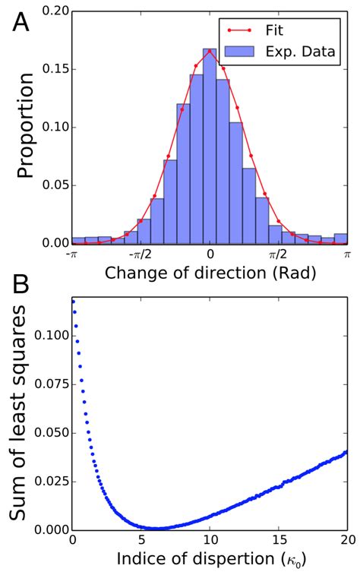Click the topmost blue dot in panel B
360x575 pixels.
coord(73,302)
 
